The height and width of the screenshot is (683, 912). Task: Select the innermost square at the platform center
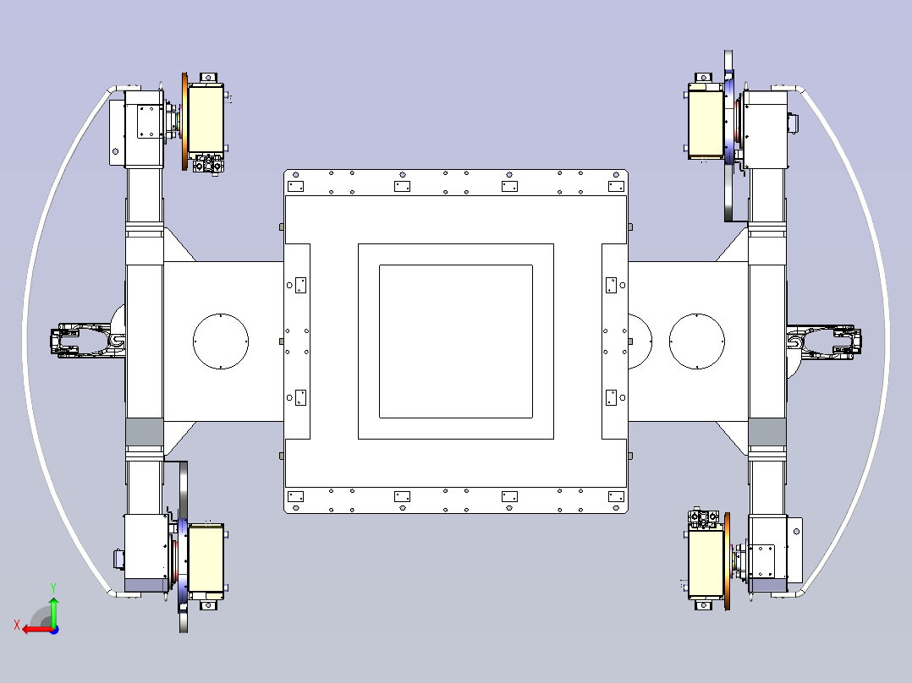click(x=455, y=341)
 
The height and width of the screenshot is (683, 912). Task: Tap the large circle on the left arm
click(x=220, y=341)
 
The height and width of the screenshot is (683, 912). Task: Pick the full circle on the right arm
click(x=697, y=341)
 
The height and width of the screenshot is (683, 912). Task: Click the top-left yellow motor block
click(x=206, y=118)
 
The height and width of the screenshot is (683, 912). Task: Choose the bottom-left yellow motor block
click(x=206, y=558)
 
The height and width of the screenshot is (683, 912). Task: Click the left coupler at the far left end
click(x=83, y=341)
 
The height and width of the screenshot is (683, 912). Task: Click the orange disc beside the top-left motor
click(x=184, y=122)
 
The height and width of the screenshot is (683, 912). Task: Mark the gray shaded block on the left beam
click(x=143, y=433)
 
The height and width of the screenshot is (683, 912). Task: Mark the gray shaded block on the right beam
click(x=767, y=433)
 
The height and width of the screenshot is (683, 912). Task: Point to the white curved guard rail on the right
click(x=884, y=341)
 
